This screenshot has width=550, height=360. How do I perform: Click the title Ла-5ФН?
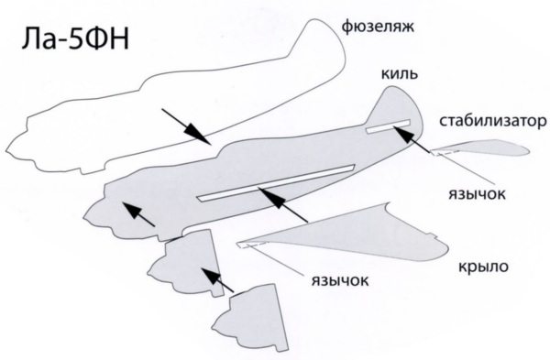[75, 38]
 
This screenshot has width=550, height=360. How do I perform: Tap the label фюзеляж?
[378, 27]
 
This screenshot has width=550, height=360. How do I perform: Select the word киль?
[399, 73]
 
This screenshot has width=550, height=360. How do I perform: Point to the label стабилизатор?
[492, 121]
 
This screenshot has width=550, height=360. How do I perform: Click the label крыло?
[483, 267]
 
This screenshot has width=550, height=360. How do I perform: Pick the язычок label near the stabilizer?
[477, 193]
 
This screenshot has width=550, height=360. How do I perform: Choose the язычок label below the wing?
[340, 280]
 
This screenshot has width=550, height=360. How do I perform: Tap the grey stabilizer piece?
[480, 147]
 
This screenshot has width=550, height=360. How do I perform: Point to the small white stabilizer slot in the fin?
[388, 126]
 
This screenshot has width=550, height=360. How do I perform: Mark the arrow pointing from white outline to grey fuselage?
[186, 126]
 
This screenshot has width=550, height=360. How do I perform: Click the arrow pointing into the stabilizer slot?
[412, 139]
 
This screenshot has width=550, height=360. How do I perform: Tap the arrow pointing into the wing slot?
[282, 204]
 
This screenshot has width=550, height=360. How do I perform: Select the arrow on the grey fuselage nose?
[138, 214]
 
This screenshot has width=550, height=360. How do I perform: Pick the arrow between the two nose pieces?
[217, 280]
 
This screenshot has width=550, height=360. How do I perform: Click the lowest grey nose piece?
[250, 317]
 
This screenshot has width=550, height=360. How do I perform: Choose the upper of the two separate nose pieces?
[186, 263]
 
